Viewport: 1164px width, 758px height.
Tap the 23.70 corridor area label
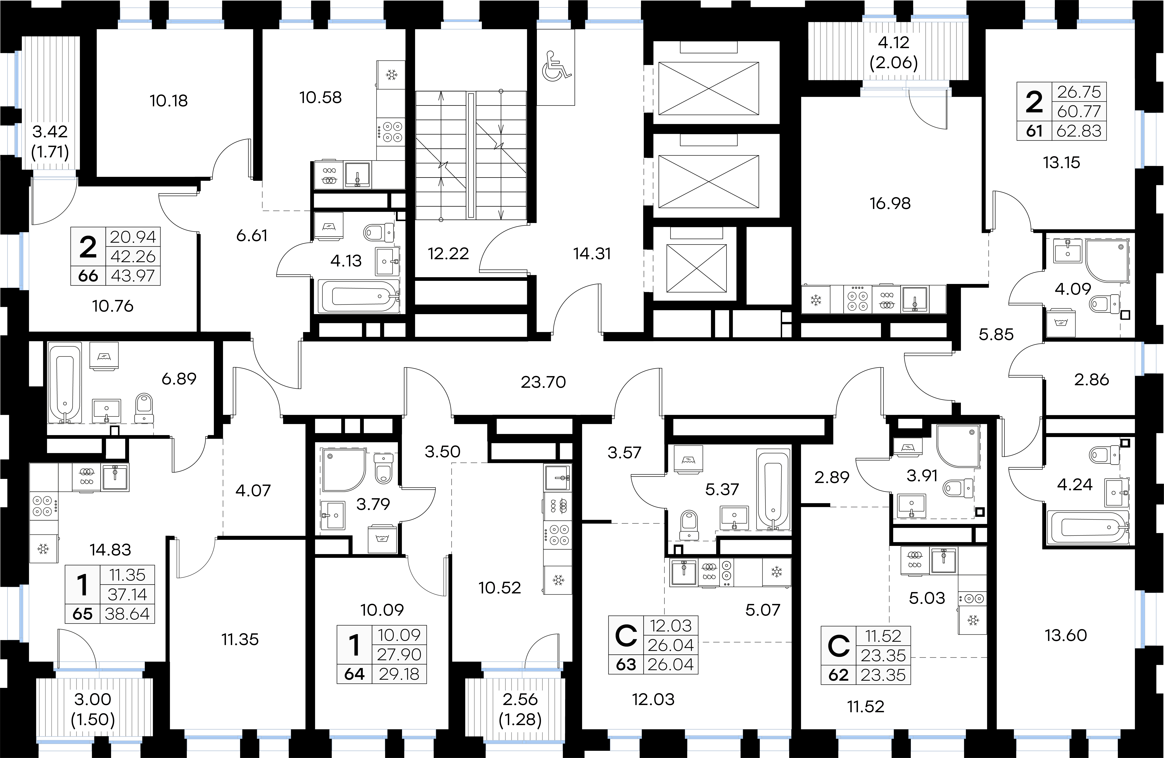click(x=543, y=382)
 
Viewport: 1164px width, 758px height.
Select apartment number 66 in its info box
click(x=88, y=276)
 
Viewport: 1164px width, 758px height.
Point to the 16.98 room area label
click(x=890, y=203)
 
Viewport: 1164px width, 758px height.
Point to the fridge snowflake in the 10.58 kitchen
click(x=391, y=75)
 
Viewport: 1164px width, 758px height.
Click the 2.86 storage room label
click(x=1092, y=380)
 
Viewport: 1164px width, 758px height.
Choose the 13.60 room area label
click(x=1066, y=635)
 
